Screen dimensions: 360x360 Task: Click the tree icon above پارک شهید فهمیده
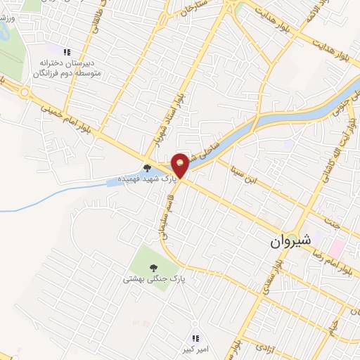pos(147,168)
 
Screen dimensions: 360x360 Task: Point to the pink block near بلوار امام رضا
pos(336,247)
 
